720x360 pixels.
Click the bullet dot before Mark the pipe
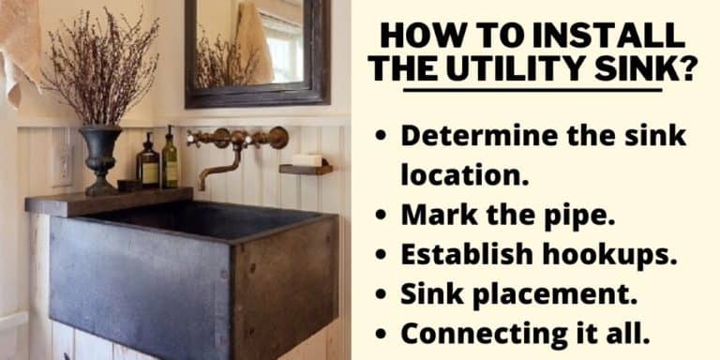(x=380, y=215)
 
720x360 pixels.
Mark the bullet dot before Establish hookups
(x=380, y=255)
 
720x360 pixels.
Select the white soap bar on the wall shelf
(x=306, y=160)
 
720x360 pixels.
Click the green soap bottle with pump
(x=170, y=161)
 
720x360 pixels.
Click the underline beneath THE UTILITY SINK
(x=532, y=90)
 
